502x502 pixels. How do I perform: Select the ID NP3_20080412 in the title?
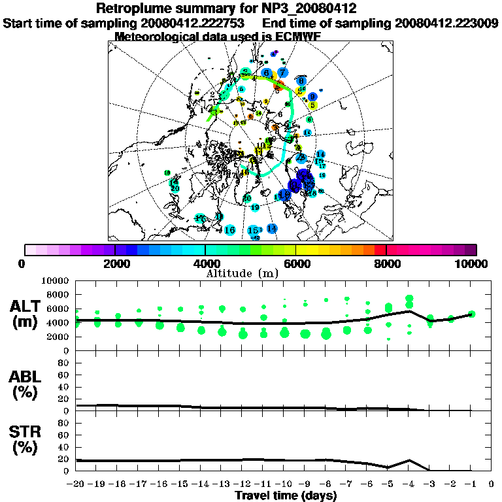coord(308,8)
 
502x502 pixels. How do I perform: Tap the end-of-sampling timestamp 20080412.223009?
coord(446,23)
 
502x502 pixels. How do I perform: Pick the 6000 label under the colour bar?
coord(295,263)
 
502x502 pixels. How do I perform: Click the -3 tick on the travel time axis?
coord(429,485)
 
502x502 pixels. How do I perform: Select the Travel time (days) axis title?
coord(286,496)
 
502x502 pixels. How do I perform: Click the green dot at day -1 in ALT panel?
coord(471,314)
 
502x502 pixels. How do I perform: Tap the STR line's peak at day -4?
coord(409,460)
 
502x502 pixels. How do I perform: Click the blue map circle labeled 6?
coord(267,73)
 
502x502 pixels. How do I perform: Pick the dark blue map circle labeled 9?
coord(312,97)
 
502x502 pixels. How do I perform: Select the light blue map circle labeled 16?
coord(229,230)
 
